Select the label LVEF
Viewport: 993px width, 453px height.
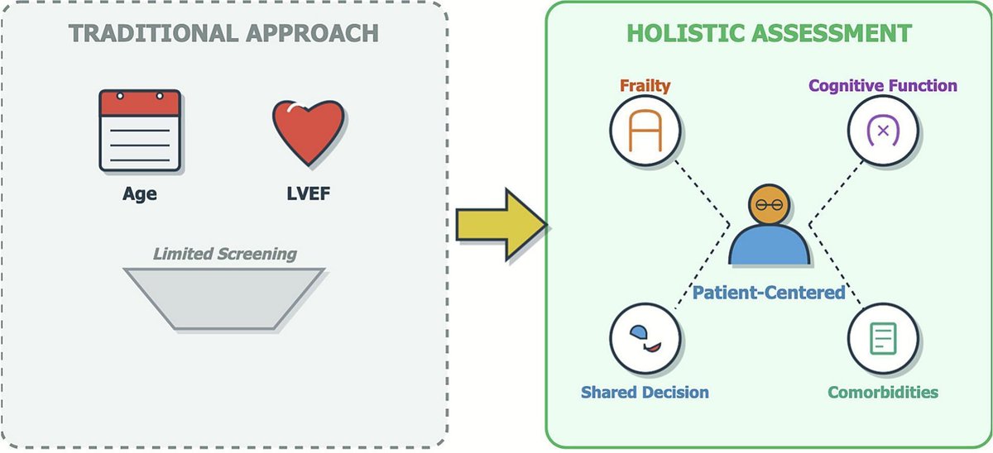pyautogui.click(x=307, y=195)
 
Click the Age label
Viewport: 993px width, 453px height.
pyautogui.click(x=139, y=195)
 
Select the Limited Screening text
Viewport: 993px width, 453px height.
pyautogui.click(x=224, y=253)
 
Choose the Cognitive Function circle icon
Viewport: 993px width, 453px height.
pyautogui.click(x=882, y=130)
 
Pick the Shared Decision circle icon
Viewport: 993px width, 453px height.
pyautogui.click(x=645, y=338)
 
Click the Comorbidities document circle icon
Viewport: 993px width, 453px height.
pyautogui.click(x=882, y=338)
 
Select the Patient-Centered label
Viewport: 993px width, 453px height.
pyautogui.click(x=769, y=292)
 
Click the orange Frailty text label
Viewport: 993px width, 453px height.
pyautogui.click(x=644, y=86)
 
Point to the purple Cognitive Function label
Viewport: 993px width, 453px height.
pyautogui.click(x=882, y=85)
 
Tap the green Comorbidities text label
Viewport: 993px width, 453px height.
pyautogui.click(x=882, y=391)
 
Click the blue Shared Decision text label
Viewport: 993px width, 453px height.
pyautogui.click(x=645, y=391)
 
